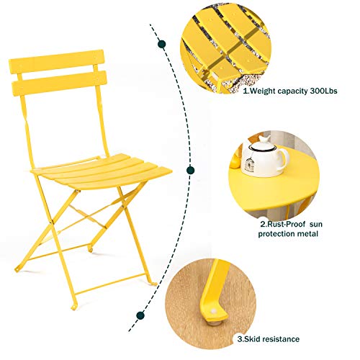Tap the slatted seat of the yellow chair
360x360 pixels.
click(102, 174)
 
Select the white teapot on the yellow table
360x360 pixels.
click(255, 159)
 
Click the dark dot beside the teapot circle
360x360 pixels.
click(190, 171)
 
